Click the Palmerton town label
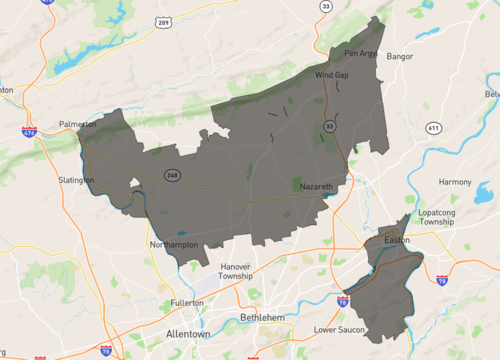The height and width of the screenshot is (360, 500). tap(78, 125)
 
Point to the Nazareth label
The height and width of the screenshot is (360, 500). tap(314, 187)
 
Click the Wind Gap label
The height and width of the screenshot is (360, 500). tap(331, 75)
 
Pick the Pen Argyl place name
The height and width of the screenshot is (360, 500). tap(361, 53)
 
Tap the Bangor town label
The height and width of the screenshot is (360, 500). tap(399, 56)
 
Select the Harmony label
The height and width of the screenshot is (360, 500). tap(454, 182)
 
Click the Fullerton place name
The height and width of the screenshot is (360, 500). tap(187, 302)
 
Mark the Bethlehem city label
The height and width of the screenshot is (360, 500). tap(264, 318)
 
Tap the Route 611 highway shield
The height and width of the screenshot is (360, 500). tap(433, 128)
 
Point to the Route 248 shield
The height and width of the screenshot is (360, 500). tap(173, 176)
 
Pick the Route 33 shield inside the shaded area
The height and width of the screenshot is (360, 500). tap(329, 126)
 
